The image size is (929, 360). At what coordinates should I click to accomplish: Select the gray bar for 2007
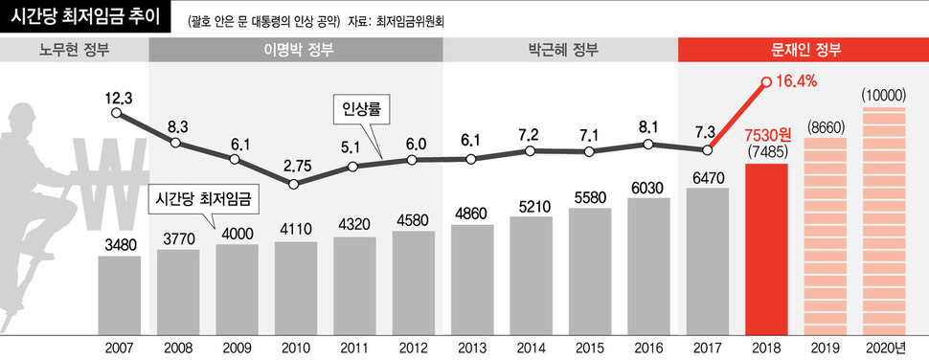[119, 292]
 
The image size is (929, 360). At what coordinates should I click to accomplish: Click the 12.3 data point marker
[117, 112]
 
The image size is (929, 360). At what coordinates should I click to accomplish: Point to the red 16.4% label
[796, 82]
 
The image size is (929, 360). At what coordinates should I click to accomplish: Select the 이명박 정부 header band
[296, 50]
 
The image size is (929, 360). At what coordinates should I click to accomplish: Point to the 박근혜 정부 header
[560, 50]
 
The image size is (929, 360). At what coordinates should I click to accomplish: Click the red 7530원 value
[766, 131]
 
